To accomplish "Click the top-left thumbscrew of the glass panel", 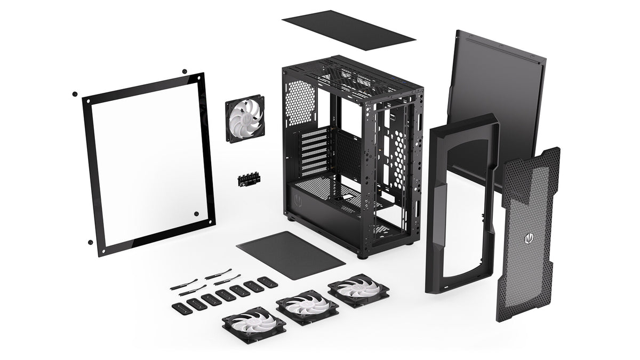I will point(75,94).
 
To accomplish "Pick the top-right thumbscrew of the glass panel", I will point(185,71).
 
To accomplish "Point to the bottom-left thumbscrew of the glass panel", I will point(90,242).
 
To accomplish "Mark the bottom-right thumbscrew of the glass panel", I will point(196,214).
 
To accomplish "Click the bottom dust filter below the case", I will point(291,255).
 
